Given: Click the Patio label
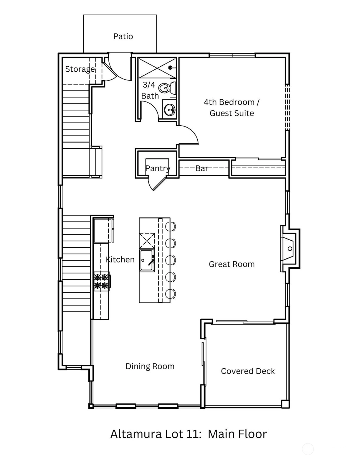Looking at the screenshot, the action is (123, 37).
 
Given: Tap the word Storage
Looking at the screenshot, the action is (80, 69).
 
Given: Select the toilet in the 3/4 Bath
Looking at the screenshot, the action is (167, 88).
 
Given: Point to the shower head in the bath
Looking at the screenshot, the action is (170, 68).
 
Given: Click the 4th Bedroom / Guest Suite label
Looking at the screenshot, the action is (232, 108).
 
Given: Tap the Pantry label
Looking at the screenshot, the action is (158, 169).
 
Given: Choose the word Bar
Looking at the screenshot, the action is (202, 169).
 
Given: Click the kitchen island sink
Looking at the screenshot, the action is (147, 261).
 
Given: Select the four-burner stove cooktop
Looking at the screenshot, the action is (101, 281).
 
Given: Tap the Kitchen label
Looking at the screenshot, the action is (120, 260).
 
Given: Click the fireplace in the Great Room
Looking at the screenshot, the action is (290, 248).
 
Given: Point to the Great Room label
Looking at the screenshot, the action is (232, 264).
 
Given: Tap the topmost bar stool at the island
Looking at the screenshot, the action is (171, 226).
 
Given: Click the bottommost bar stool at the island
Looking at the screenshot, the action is (171, 294).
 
